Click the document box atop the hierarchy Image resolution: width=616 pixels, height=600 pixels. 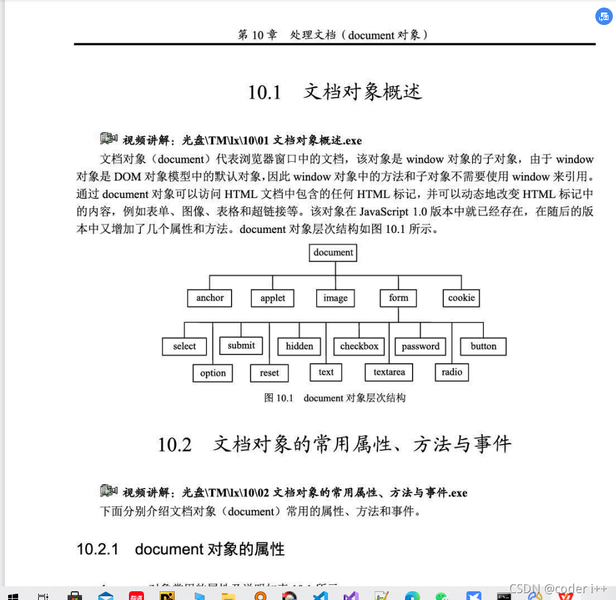tap(333, 252)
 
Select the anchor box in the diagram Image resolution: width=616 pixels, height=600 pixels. tap(210, 298)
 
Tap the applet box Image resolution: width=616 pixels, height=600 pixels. tap(273, 298)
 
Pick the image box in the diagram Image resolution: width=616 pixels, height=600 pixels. tap(336, 298)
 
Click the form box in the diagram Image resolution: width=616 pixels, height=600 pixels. tap(398, 298)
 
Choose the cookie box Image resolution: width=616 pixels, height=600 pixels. tap(461, 298)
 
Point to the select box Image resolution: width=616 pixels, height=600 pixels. tap(184, 346)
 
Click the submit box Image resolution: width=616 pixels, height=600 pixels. tap(241, 346)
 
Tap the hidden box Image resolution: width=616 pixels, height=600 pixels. tap(299, 346)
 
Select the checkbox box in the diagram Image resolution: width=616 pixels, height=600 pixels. tap(359, 346)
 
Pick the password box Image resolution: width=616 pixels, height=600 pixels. tap(421, 346)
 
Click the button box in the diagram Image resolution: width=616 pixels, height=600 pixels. tap(483, 346)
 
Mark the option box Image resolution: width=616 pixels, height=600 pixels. tap(213, 373)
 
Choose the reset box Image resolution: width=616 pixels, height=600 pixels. tap(269, 373)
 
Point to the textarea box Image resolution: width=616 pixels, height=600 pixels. tap(389, 372)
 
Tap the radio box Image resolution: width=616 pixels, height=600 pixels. tap(452, 372)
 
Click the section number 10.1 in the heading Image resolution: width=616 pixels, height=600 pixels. tap(265, 93)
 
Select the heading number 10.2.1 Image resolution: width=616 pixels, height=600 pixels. tap(98, 549)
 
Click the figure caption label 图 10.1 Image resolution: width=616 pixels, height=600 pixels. tap(279, 398)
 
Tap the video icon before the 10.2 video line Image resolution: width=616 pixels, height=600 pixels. tap(109, 490)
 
